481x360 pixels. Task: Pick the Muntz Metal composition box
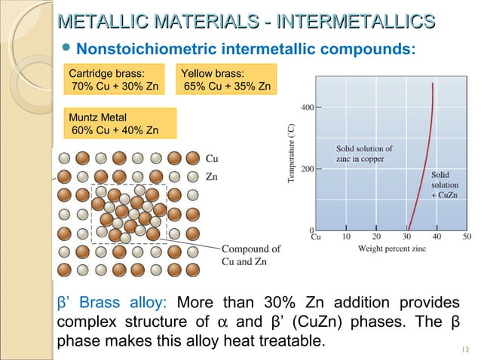[115, 124]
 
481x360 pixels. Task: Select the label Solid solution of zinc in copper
[364, 154]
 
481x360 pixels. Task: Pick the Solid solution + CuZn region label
[442, 185]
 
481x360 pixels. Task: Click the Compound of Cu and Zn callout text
[251, 255]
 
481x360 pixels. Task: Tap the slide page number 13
[463, 348]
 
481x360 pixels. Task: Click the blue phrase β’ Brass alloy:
[112, 304]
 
